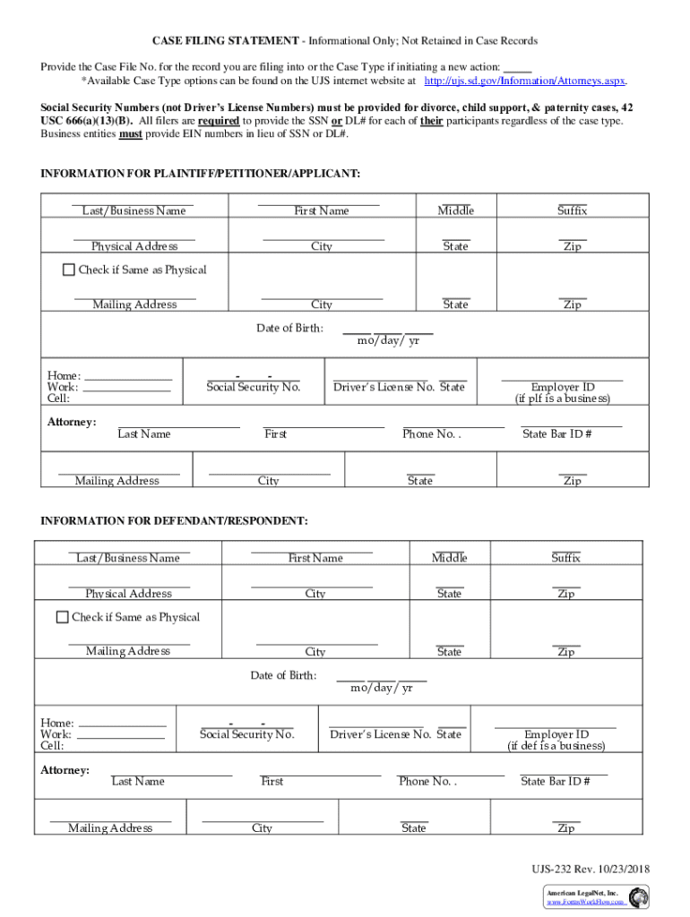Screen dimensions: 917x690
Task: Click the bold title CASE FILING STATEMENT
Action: click(x=225, y=41)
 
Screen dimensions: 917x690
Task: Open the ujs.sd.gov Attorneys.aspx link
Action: click(x=524, y=81)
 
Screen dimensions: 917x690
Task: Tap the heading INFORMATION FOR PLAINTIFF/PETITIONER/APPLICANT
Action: click(x=201, y=172)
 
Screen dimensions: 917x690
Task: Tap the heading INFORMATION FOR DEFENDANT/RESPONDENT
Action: click(x=175, y=520)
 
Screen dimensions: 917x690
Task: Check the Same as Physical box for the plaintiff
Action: click(x=69, y=270)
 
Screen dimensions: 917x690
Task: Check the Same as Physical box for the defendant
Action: click(x=62, y=617)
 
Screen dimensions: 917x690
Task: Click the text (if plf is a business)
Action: click(x=562, y=399)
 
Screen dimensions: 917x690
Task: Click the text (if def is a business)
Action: click(x=556, y=746)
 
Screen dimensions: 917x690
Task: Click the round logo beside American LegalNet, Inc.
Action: click(x=639, y=897)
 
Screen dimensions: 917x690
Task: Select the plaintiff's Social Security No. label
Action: click(x=253, y=388)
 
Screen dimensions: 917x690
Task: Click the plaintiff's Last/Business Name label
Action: click(x=134, y=211)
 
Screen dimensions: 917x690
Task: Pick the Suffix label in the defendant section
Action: click(x=565, y=558)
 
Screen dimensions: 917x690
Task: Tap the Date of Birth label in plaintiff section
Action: click(x=289, y=329)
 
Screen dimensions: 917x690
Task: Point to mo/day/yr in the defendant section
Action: click(x=381, y=688)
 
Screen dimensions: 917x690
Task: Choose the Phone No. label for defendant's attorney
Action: click(x=427, y=781)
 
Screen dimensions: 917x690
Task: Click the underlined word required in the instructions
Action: click(x=218, y=121)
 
